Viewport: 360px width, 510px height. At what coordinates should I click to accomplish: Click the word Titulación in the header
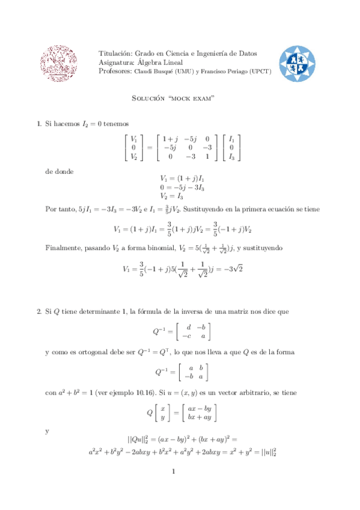[x=115, y=54]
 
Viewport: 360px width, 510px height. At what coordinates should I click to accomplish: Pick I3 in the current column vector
[x=231, y=156]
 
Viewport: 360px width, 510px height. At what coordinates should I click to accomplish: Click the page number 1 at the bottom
[x=172, y=471]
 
